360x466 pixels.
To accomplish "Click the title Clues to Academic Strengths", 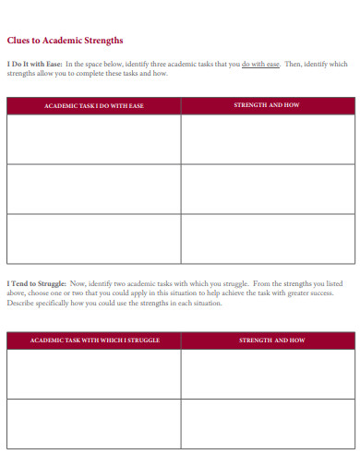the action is pyautogui.click(x=65, y=41).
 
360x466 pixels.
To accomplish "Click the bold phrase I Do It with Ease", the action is pyautogui.click(x=35, y=64).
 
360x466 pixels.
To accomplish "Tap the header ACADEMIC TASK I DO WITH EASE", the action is pyautogui.click(x=93, y=106).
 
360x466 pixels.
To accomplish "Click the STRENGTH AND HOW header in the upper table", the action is pyautogui.click(x=267, y=106).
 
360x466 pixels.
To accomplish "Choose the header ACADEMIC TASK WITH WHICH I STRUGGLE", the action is pyautogui.click(x=95, y=341).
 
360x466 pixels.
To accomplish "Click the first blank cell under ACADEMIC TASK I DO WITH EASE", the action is pyautogui.click(x=93, y=138).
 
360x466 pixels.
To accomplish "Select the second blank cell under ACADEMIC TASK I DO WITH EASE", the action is pyautogui.click(x=93, y=188).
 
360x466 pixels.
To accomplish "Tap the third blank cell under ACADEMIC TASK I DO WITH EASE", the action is pyautogui.click(x=93, y=237).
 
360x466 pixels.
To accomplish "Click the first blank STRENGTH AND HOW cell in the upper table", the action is pyautogui.click(x=267, y=138).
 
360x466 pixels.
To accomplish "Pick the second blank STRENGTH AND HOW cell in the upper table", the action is pyautogui.click(x=267, y=188).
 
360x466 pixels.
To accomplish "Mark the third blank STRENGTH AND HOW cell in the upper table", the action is pyautogui.click(x=267, y=237).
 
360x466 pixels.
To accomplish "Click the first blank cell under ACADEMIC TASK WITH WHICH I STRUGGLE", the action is pyautogui.click(x=93, y=374).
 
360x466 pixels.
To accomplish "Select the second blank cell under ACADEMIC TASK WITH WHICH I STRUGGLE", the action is pyautogui.click(x=93, y=423).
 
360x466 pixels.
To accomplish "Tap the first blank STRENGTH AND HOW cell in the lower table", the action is pyautogui.click(x=267, y=374).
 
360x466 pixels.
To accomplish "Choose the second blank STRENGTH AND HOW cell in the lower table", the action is pyautogui.click(x=267, y=423).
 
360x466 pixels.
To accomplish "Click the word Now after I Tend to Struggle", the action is pyautogui.click(x=77, y=283).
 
